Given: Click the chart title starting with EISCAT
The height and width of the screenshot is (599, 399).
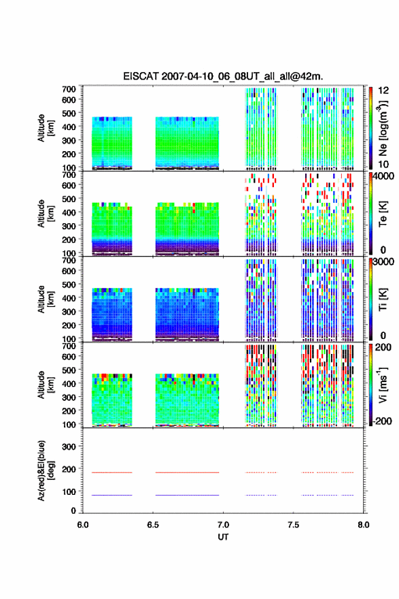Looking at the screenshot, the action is click(x=223, y=76).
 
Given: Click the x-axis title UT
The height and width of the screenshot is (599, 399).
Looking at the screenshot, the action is click(x=223, y=537).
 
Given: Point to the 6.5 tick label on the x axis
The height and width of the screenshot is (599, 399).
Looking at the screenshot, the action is click(x=152, y=525).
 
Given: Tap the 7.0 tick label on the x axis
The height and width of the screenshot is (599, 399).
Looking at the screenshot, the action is click(x=223, y=525).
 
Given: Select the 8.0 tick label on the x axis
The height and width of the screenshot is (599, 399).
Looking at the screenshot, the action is click(x=364, y=525).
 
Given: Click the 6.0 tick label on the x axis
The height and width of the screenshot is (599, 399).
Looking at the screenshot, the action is click(x=83, y=525).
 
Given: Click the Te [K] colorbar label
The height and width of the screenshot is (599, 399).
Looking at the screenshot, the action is click(x=383, y=214).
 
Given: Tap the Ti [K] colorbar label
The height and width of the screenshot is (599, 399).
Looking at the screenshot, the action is click(x=383, y=299).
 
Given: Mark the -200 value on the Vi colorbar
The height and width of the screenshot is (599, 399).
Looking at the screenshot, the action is click(x=383, y=421).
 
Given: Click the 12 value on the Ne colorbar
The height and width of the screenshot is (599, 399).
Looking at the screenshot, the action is click(x=383, y=91).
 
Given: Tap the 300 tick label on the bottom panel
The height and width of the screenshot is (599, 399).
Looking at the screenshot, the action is click(x=69, y=447).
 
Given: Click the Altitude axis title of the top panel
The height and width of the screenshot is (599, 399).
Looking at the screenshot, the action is click(x=45, y=129).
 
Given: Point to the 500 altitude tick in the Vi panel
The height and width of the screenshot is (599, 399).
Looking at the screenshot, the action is click(x=69, y=370).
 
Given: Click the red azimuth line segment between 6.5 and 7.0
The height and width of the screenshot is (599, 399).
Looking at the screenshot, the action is click(x=188, y=472).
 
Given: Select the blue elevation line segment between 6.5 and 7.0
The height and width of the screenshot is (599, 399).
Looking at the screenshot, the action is click(x=188, y=495).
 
